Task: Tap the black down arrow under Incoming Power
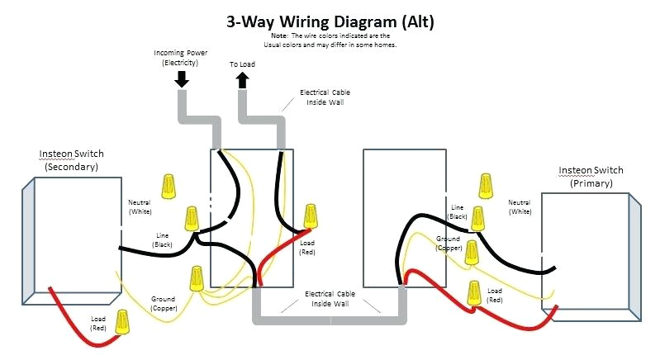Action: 182,79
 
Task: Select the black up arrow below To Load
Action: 243,79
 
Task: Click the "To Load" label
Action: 243,64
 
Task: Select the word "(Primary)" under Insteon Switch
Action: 591,183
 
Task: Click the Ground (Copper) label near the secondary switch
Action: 163,303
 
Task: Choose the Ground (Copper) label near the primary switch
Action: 449,243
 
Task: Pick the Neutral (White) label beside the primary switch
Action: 520,206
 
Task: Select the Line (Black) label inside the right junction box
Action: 458,211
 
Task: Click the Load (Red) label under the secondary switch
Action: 97,323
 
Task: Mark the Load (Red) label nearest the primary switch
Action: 495,295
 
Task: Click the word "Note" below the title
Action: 278,36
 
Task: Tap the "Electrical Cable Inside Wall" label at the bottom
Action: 330,298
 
